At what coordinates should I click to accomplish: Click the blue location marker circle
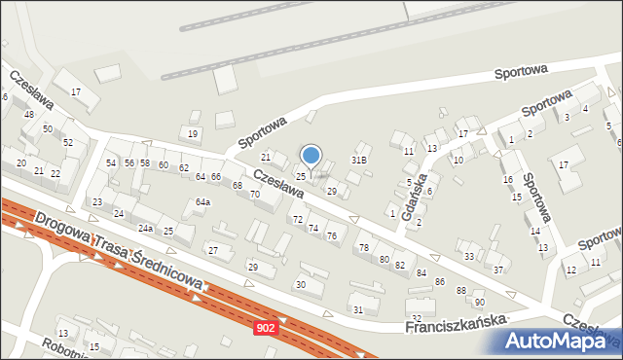pyautogui.click(x=311, y=155)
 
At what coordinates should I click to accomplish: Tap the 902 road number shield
pyautogui.click(x=266, y=329)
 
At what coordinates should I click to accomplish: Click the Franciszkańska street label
pyautogui.click(x=458, y=323)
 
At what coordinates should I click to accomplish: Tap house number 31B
pyautogui.click(x=359, y=160)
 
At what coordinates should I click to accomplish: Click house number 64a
pyautogui.click(x=202, y=202)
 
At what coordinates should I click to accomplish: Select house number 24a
pyautogui.click(x=145, y=229)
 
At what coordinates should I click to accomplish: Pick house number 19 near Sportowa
pyautogui.click(x=193, y=133)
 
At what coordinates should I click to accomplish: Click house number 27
pyautogui.click(x=212, y=250)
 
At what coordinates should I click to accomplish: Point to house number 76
pyautogui.click(x=332, y=236)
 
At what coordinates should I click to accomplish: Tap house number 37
pyautogui.click(x=497, y=270)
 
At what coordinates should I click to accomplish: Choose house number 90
pyautogui.click(x=479, y=303)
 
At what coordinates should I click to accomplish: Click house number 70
pyautogui.click(x=254, y=195)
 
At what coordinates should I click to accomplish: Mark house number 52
pyautogui.click(x=68, y=143)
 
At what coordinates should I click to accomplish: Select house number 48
pyautogui.click(x=28, y=115)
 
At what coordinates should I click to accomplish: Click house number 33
pyautogui.click(x=469, y=257)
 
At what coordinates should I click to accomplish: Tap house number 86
pyautogui.click(x=440, y=281)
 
